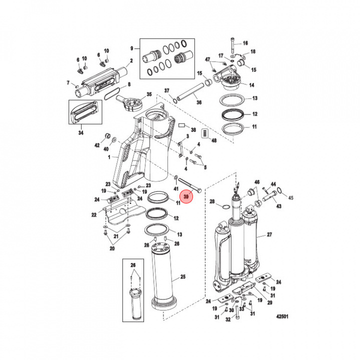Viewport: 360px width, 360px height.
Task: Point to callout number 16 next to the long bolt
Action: click(245, 43)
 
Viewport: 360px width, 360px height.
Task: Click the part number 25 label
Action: click(182, 276)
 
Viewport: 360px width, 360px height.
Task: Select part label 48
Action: click(214, 141)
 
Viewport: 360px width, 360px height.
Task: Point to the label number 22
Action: click(93, 214)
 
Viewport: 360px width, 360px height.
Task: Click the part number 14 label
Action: click(251, 85)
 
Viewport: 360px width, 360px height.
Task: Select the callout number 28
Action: click(211, 201)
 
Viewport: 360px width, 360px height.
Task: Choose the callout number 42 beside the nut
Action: click(98, 145)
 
